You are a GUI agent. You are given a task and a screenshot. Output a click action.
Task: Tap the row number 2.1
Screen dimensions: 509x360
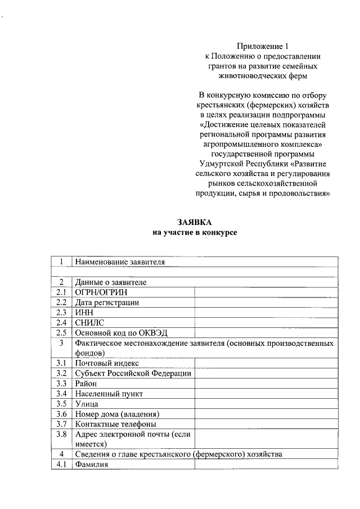click(x=61, y=292)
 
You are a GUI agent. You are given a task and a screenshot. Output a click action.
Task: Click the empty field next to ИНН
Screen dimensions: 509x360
click(x=265, y=313)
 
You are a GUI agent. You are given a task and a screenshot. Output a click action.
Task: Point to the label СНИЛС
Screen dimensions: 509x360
click(x=89, y=323)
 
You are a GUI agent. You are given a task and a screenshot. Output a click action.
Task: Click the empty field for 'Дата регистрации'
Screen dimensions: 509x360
click(x=265, y=303)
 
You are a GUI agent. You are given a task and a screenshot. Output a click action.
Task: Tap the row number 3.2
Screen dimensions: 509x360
click(x=61, y=373)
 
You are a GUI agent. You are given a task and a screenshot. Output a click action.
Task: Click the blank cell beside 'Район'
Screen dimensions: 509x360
click(x=265, y=384)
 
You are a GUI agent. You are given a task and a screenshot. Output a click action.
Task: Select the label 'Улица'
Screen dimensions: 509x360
click(x=87, y=404)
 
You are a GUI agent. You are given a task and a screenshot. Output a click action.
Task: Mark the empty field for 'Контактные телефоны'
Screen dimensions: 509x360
click(x=265, y=424)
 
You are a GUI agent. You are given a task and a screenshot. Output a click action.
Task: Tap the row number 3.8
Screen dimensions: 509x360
click(x=61, y=434)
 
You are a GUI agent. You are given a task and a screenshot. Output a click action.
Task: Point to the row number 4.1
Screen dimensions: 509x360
click(x=61, y=465)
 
